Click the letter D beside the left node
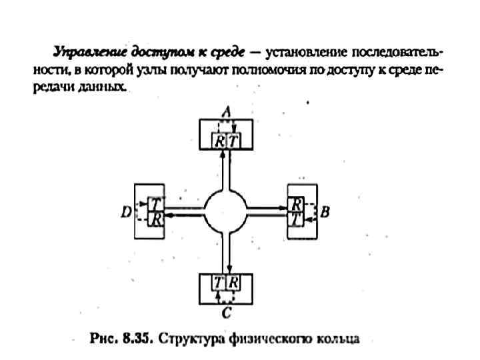click(125, 213)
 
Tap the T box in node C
click(219, 282)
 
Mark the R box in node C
click(233, 282)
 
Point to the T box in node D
click(155, 204)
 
